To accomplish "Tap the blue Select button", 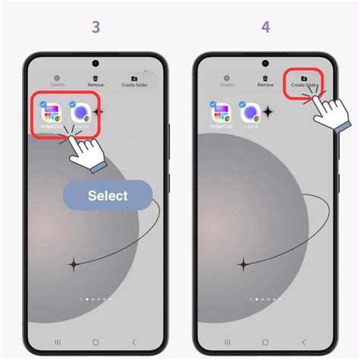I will [107, 195].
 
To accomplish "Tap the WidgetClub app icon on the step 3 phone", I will [51, 115].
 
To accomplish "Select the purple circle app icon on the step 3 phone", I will [82, 115].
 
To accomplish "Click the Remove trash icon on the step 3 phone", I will [96, 78].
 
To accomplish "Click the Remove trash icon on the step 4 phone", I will [265, 78].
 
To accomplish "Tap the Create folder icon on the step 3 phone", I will [134, 78].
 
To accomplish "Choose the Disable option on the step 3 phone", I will [57, 78].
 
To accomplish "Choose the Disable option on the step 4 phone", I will [226, 78].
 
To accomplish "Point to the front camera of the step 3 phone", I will [96, 64].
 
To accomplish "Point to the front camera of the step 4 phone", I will [265, 64].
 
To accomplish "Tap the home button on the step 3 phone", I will [96, 343].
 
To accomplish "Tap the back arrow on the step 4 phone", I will [304, 343].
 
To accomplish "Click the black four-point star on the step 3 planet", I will [74, 264].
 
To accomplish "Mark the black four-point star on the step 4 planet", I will [244, 264].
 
